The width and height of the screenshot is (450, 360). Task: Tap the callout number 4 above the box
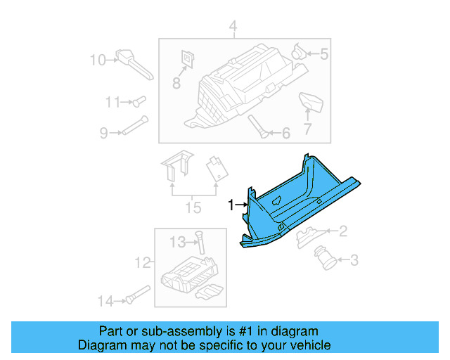tap(233, 28)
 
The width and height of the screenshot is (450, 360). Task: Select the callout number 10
tap(97, 59)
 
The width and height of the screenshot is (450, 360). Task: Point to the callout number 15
tap(193, 207)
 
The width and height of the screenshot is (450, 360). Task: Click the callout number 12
tap(143, 263)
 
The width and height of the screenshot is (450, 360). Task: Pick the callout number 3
tap(354, 262)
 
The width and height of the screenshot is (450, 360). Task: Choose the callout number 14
tap(105, 301)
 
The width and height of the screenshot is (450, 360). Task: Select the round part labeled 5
tap(299, 51)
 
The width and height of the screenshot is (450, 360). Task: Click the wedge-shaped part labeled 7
tap(310, 103)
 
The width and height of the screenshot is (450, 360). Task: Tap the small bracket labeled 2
tap(309, 235)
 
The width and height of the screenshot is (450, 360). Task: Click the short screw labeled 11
tap(138, 102)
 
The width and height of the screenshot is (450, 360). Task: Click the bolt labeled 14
tap(137, 294)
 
